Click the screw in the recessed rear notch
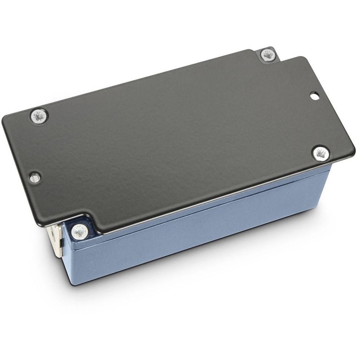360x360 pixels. pyautogui.click(x=268, y=55)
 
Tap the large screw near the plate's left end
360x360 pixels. pyautogui.click(x=39, y=116)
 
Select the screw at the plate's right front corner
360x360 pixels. pyautogui.click(x=320, y=153)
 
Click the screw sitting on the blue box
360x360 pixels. pyautogui.click(x=80, y=231)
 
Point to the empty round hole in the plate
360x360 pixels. pyautogui.click(x=314, y=96)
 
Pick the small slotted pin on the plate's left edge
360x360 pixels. pyautogui.click(x=35, y=177)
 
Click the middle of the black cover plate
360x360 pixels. pyautogui.click(x=173, y=137)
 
